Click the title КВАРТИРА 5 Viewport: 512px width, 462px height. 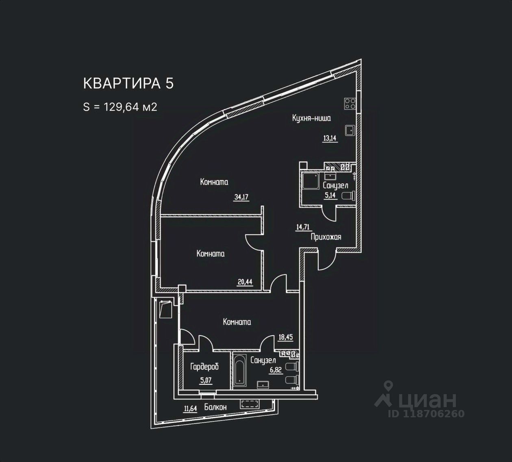(x=128, y=83)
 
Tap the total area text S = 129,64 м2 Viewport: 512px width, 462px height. (x=120, y=107)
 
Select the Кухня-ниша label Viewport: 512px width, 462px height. (x=311, y=118)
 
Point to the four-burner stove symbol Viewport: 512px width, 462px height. (x=350, y=104)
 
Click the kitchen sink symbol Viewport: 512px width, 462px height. (x=350, y=130)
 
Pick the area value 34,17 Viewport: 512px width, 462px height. (x=241, y=197)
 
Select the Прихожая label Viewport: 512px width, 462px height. (x=325, y=237)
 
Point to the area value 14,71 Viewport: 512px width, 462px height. (x=303, y=227)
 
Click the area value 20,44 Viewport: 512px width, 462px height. (x=245, y=281)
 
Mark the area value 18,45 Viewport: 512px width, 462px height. (x=286, y=337)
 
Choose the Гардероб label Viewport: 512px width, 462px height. (x=204, y=367)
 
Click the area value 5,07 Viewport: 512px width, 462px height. (x=205, y=381)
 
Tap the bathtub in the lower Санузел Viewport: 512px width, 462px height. (x=239, y=370)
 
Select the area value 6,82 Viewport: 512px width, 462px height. (x=277, y=370)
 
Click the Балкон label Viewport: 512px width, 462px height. (x=215, y=407)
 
